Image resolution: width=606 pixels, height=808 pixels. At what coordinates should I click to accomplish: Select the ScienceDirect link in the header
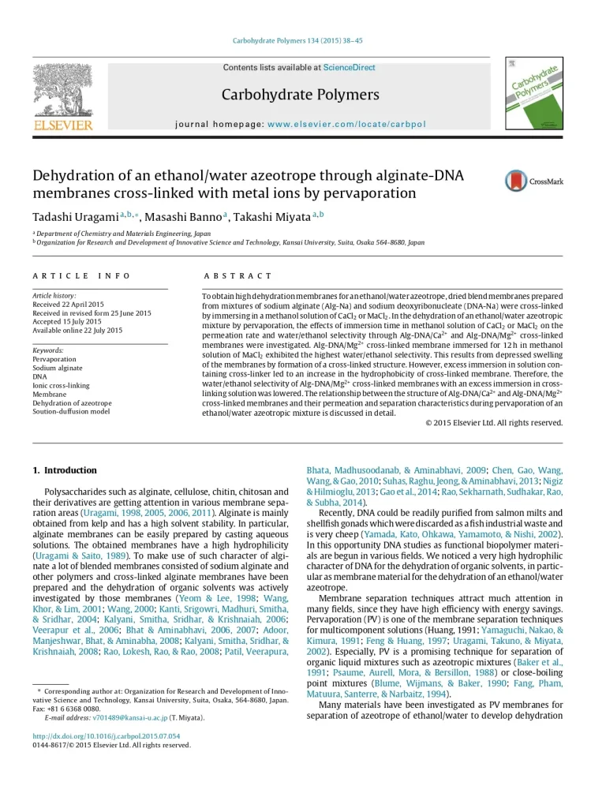pos(349,68)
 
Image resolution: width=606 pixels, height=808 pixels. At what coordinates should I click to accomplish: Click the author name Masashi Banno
pos(186,216)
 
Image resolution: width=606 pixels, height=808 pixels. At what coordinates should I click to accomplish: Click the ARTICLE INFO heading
pos(71,276)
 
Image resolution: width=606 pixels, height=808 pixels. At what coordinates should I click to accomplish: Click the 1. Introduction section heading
pos(65,470)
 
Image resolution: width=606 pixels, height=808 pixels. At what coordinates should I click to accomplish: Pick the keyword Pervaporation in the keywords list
pos(54,359)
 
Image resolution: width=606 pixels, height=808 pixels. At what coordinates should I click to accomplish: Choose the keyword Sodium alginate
pos(58,368)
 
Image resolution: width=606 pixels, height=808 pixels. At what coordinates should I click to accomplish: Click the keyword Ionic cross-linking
pos(62,385)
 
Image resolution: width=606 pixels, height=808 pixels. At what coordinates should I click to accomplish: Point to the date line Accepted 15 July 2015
pos(67,322)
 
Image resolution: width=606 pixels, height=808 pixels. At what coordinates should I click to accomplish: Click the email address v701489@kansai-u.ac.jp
pos(130,718)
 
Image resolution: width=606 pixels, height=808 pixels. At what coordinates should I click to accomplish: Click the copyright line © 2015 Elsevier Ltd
pos(494,422)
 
